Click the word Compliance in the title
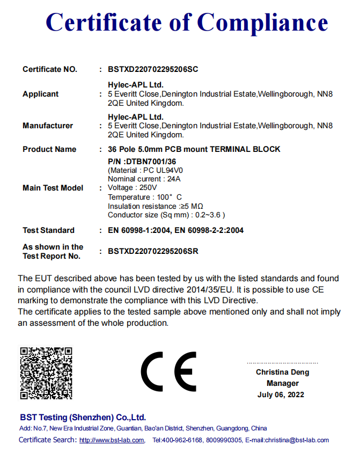262,23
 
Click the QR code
46,373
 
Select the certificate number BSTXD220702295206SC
153,69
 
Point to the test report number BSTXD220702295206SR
153,251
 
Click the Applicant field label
40,94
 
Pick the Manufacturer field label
48,126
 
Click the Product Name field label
49,149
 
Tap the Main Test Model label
53,188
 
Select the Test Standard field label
48,230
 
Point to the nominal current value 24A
173,179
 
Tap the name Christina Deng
282,372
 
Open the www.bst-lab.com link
112,441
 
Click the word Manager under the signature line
282,383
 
